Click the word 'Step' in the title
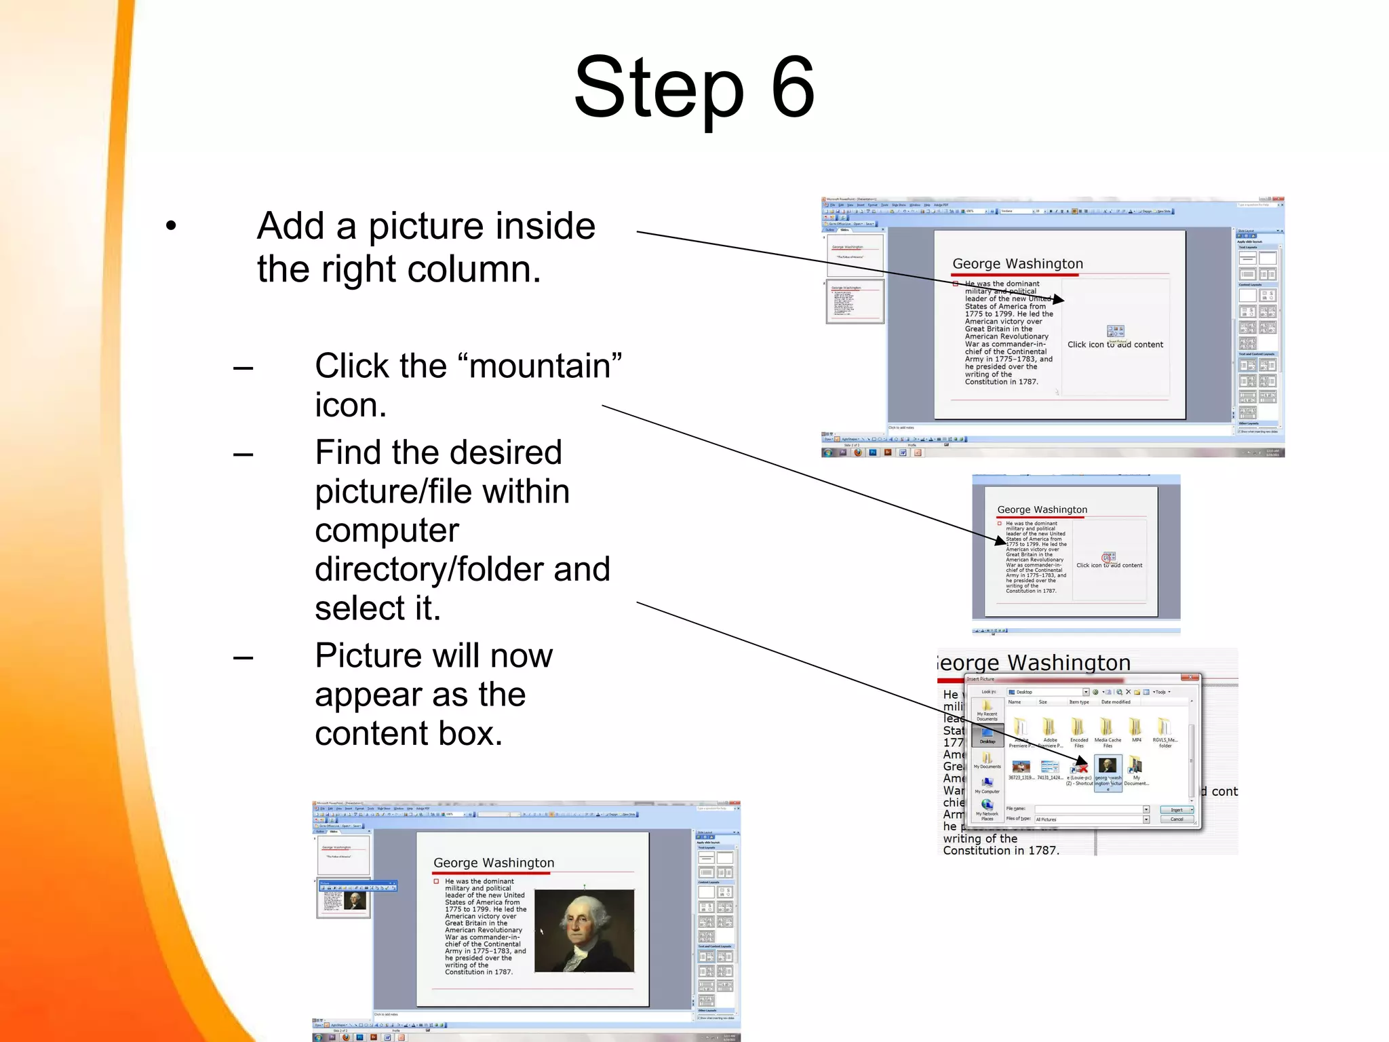(x=658, y=88)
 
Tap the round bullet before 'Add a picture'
(x=171, y=226)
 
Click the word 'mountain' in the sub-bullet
(x=539, y=366)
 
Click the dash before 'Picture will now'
(x=243, y=657)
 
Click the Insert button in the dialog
(x=1176, y=809)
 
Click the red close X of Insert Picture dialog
(x=1190, y=678)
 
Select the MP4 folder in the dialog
(x=1136, y=729)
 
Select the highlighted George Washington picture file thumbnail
(x=1107, y=767)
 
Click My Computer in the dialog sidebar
(x=987, y=785)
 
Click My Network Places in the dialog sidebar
(x=987, y=809)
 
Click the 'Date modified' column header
(x=1116, y=702)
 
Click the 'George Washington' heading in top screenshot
(x=1017, y=264)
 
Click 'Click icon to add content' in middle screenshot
(x=1109, y=565)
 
